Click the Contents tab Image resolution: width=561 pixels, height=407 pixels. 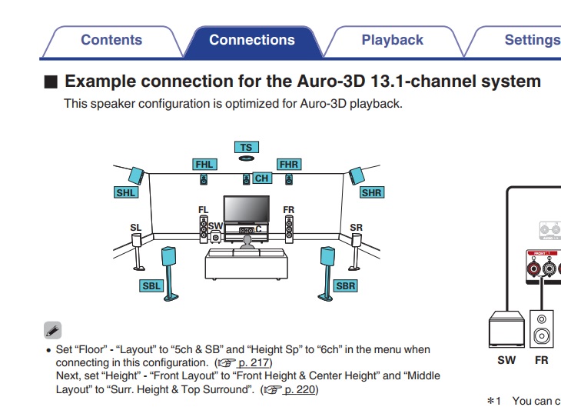tap(111, 40)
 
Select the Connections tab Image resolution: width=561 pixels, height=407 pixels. tap(251, 40)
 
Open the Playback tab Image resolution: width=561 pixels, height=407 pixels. tap(392, 40)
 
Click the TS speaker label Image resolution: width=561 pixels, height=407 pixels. tap(245, 147)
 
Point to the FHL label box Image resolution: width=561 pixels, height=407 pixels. tap(204, 164)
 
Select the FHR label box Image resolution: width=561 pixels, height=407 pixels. tap(288, 164)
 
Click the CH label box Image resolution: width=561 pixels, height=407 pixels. tap(262, 178)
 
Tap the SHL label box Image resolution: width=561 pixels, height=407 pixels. tap(126, 192)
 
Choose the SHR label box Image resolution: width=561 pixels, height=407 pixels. tap(371, 192)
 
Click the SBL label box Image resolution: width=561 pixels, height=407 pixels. tap(151, 285)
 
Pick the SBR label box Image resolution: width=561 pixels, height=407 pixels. tap(345, 285)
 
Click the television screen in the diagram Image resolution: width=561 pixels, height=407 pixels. tap(246, 209)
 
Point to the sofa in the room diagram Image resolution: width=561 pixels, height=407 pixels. tap(246, 263)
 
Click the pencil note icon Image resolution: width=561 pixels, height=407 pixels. tap(53, 330)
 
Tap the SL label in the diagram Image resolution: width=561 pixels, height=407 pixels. tap(136, 228)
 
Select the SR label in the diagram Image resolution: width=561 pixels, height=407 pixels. tap(356, 228)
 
